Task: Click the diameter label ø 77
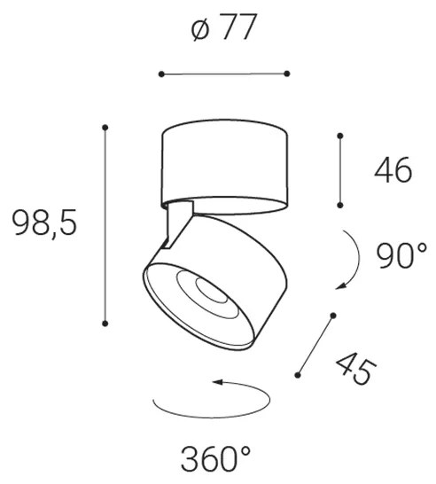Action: click(223, 29)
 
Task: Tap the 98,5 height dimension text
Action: click(43, 223)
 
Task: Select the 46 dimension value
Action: click(391, 169)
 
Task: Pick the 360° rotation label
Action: click(216, 457)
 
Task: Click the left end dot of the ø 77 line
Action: click(160, 74)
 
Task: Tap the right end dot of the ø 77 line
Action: click(288, 74)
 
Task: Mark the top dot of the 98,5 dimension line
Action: click(105, 128)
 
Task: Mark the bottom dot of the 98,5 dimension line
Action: click(105, 324)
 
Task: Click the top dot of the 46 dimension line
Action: click(339, 136)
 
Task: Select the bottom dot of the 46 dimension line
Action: click(339, 204)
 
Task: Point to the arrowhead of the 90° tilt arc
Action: click(339, 286)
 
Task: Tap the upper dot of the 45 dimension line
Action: click(333, 315)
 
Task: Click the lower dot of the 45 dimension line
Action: click(298, 375)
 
